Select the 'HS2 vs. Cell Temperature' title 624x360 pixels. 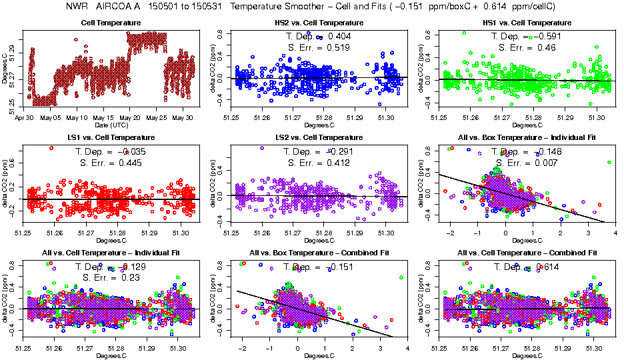click(319, 23)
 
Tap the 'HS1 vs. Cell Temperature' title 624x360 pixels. click(527, 23)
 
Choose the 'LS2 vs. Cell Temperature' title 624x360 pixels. click(319, 137)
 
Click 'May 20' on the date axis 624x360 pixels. click(131, 117)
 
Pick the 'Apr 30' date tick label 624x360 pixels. click(25, 117)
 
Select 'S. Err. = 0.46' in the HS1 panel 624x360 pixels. click(524, 47)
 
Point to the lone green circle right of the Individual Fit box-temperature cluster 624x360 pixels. click(609, 162)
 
